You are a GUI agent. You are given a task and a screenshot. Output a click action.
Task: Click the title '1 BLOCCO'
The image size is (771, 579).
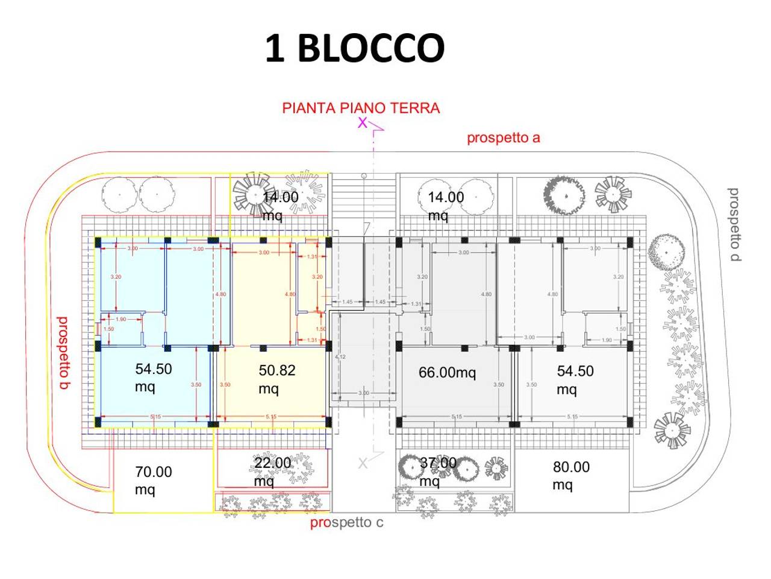click(x=355, y=48)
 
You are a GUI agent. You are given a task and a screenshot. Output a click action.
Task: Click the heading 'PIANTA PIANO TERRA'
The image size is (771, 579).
click(x=361, y=108)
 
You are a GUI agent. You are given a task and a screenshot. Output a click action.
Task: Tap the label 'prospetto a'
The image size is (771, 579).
click(x=504, y=138)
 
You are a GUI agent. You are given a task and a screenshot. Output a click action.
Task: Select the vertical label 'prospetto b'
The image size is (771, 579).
click(x=63, y=353)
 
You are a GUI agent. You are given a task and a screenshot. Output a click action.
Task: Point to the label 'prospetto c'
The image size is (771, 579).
click(x=346, y=522)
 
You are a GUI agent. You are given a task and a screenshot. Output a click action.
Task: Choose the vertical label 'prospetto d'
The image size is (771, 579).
click(x=734, y=224)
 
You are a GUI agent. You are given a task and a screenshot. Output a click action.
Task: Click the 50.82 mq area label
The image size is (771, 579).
click(x=276, y=379)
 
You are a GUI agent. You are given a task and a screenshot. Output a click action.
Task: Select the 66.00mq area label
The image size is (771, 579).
click(x=447, y=373)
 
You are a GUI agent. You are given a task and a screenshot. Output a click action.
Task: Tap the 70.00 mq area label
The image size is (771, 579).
click(x=153, y=480)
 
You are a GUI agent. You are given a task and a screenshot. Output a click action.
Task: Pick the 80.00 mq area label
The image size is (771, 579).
click(x=571, y=475)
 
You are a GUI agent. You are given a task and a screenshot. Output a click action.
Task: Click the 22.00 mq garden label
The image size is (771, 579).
click(x=272, y=471)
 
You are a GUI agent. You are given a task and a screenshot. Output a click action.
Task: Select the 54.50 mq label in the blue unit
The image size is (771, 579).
click(x=153, y=377)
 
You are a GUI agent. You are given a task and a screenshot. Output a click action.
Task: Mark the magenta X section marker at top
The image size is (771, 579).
click(x=362, y=123)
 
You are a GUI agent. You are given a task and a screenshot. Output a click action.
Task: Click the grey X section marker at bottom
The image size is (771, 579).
click(x=363, y=463)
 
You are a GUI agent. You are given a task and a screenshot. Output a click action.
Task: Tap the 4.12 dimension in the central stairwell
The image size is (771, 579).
click(x=340, y=357)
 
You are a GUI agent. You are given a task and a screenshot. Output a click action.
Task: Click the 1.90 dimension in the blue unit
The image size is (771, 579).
click(x=120, y=319)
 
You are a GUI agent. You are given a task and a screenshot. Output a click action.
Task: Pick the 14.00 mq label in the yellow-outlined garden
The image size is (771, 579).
click(x=280, y=205)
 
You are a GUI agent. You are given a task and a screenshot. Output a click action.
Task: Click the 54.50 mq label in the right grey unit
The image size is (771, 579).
click(x=575, y=379)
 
